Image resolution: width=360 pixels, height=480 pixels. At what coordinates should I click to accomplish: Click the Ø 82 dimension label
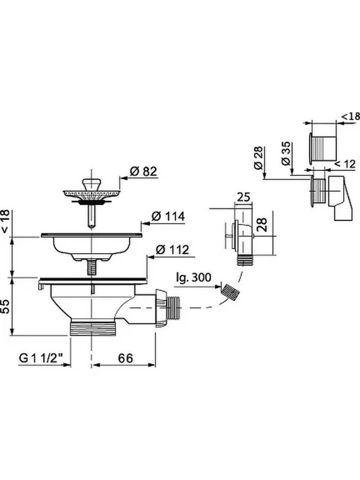tap(143, 171)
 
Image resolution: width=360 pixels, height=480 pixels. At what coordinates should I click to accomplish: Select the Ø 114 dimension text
tap(168, 216)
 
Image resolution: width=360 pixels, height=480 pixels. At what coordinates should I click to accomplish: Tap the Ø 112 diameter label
tap(172, 250)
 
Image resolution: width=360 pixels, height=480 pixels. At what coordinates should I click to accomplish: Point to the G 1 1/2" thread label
tap(41, 358)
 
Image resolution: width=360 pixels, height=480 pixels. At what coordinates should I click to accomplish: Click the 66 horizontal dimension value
tap(125, 358)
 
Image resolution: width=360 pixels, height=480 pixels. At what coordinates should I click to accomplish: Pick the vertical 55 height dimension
tap(5, 306)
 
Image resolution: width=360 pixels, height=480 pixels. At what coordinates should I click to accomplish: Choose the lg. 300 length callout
tap(194, 278)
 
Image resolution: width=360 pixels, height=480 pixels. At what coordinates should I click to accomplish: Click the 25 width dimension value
tap(243, 197)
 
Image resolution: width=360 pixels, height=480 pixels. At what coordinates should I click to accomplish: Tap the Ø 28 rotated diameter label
tap(259, 158)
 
